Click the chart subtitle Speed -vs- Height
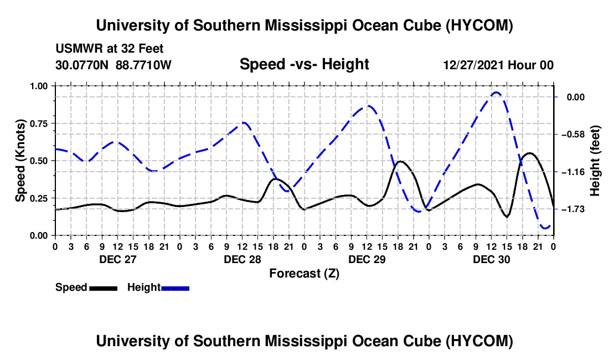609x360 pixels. coord(304,64)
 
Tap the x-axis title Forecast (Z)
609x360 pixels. coord(304,274)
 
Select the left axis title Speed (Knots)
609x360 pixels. coord(20,161)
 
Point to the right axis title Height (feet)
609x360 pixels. coord(595,161)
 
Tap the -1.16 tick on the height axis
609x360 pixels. coord(573,172)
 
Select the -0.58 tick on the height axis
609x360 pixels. coord(573,135)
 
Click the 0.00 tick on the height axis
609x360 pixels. coord(576,97)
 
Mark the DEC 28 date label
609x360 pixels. coord(242,259)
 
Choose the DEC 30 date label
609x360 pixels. coord(491,259)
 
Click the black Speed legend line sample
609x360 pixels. coord(104,288)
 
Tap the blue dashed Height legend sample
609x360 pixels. coord(175,288)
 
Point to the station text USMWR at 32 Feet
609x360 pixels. coord(110,49)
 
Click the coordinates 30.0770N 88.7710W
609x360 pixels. coord(113,65)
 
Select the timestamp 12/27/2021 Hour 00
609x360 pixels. coord(498,65)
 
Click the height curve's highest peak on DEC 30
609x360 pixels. coord(496,92)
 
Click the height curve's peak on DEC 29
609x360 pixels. coord(368,106)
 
